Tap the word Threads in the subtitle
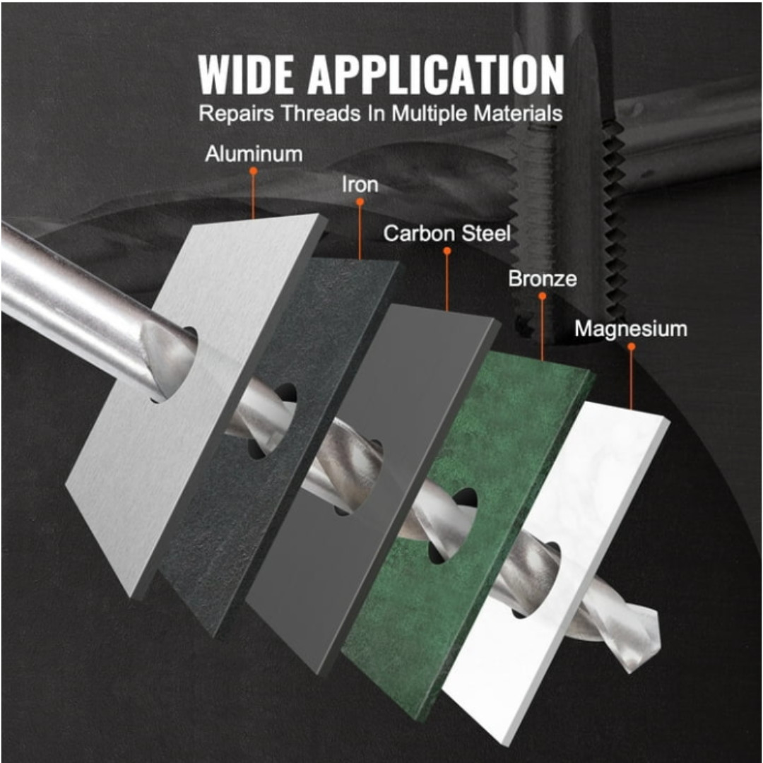coord(321,113)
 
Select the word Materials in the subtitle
coord(519,113)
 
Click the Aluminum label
coord(254,154)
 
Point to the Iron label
coord(360,185)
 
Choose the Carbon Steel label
coord(446,234)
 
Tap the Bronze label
coord(543,279)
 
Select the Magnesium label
coord(631,329)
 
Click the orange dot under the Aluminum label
coord(253,171)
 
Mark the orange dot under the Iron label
coord(360,202)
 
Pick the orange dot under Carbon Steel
coord(446,251)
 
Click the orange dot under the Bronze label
coord(542,296)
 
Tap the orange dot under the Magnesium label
coord(631,346)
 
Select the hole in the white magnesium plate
coord(536,580)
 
